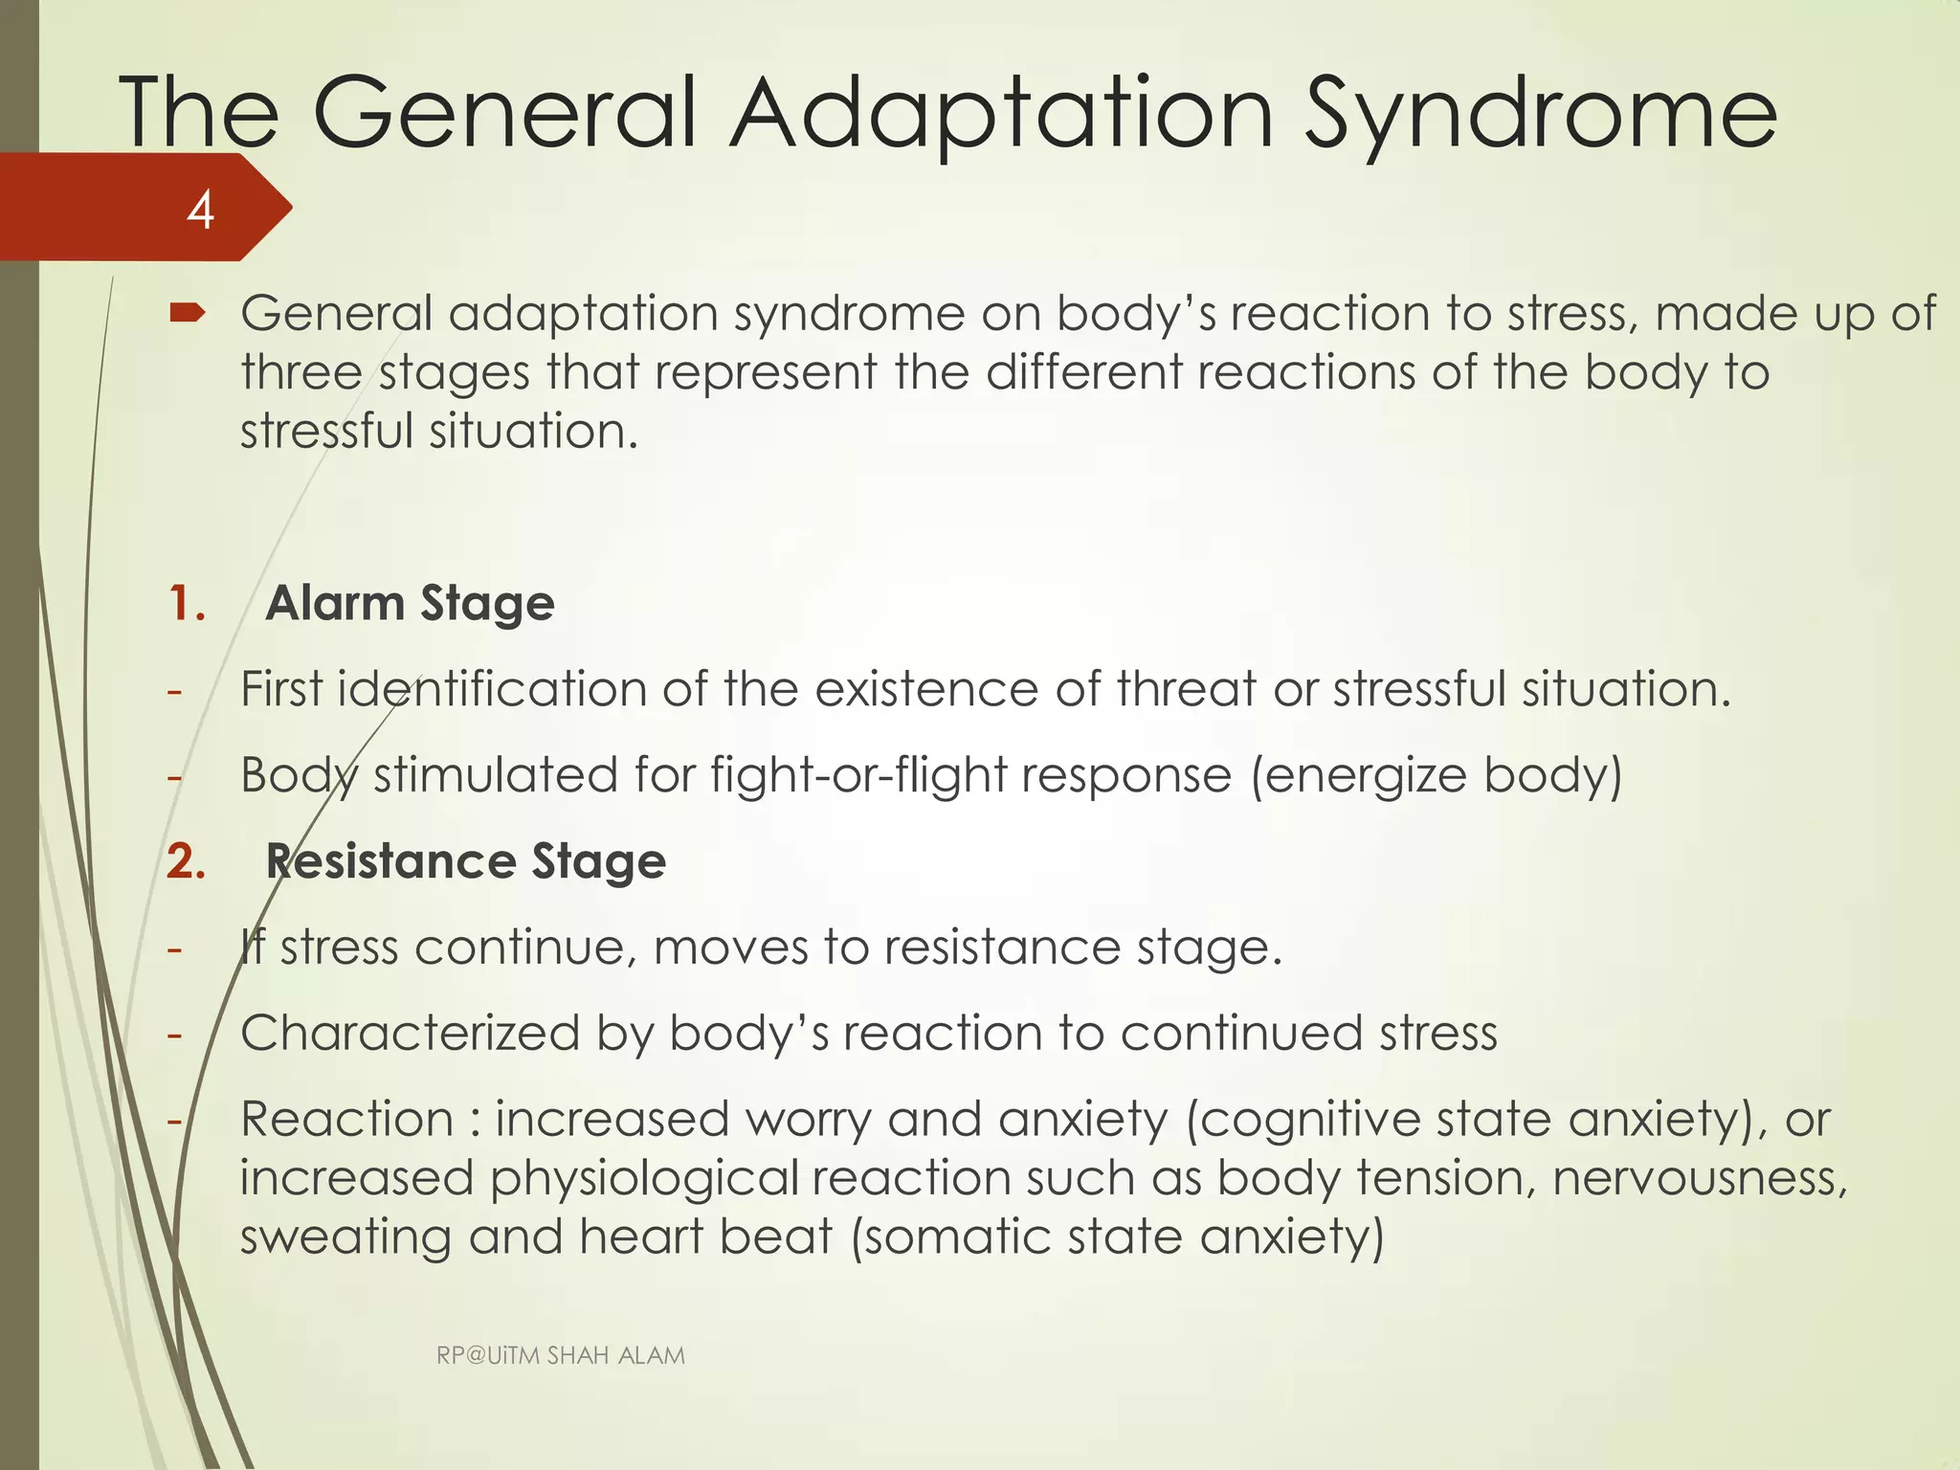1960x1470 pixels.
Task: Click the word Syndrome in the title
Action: pos(1541,117)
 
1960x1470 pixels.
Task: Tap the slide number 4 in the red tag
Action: pos(200,211)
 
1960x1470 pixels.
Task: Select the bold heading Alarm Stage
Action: pos(410,604)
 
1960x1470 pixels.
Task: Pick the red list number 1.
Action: pos(187,604)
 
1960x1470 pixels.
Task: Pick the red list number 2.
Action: pos(187,861)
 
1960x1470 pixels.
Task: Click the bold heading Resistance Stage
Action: pos(465,861)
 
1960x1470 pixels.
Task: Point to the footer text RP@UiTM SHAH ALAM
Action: pos(560,1355)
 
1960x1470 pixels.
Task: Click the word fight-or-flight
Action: pos(857,775)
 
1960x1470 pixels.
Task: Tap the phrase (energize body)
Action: pos(1437,775)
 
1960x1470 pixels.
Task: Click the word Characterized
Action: pos(410,1035)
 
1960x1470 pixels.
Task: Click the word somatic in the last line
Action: pos(959,1237)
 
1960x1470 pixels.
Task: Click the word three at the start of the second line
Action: pos(301,372)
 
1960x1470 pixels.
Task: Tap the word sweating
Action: pos(345,1237)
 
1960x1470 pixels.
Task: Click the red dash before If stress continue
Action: pos(174,949)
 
